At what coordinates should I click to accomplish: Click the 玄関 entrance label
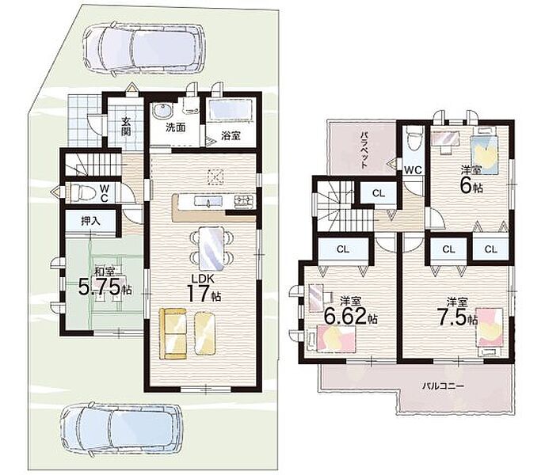(x=126, y=127)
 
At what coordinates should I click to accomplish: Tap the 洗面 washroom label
(x=176, y=127)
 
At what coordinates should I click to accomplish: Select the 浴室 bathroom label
(x=231, y=135)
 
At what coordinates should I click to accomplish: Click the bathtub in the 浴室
(x=231, y=110)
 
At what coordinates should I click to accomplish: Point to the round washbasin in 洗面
(x=162, y=111)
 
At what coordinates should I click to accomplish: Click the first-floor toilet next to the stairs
(x=82, y=192)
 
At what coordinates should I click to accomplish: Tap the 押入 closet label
(x=91, y=221)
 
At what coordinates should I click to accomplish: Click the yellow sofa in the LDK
(x=173, y=333)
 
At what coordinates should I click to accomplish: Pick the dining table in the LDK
(x=212, y=248)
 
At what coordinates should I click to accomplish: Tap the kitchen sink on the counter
(x=208, y=202)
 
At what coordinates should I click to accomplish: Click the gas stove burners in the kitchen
(x=245, y=201)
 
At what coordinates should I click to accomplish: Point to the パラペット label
(x=364, y=150)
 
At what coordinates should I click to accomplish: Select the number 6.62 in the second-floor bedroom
(x=346, y=315)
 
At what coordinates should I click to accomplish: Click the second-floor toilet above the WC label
(x=414, y=138)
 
